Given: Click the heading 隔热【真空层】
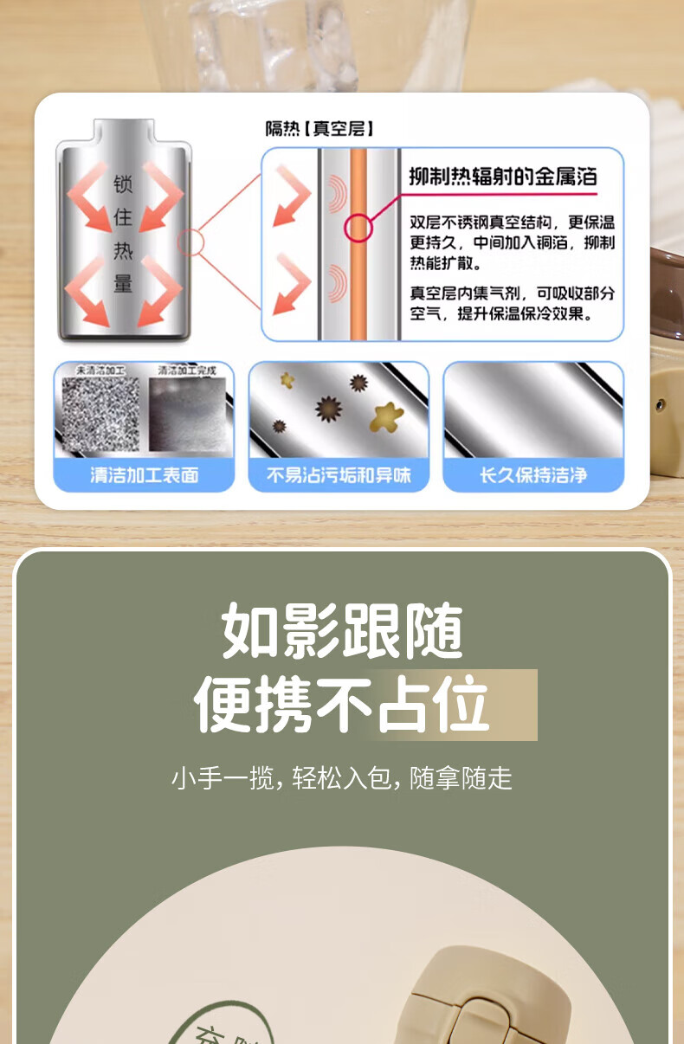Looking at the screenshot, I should [319, 129].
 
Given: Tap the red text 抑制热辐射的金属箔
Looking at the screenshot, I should [502, 177].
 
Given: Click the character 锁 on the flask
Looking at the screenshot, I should [122, 184].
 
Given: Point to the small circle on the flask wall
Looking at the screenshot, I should [190, 242].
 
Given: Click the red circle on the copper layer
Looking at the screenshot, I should [358, 229].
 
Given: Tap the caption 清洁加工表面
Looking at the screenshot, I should [145, 474].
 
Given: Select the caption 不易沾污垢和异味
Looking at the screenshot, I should [339, 474].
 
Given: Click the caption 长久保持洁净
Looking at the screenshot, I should [533, 474].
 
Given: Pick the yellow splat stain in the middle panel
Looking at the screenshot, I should [386, 416].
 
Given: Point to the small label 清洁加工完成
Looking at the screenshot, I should [186, 370].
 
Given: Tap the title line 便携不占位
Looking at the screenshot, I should [342, 705].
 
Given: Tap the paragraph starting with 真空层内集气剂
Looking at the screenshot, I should [513, 304].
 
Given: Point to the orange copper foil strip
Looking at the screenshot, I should [358, 286].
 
